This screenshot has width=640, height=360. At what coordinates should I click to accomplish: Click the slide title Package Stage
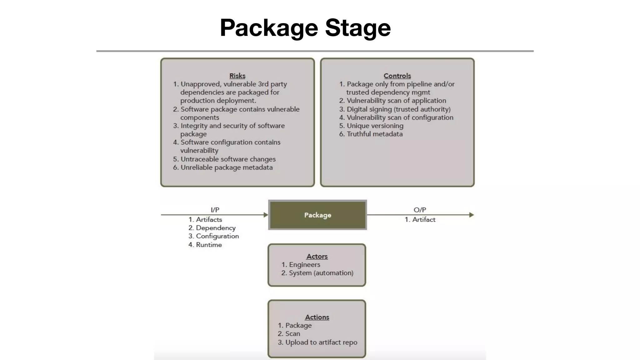(305, 28)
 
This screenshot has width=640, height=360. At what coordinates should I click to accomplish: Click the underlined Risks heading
(237, 76)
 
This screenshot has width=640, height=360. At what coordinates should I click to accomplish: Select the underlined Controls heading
(397, 76)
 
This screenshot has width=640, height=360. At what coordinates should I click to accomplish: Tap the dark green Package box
(317, 215)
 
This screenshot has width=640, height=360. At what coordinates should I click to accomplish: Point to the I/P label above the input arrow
(215, 210)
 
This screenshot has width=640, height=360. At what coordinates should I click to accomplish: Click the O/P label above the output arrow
(420, 210)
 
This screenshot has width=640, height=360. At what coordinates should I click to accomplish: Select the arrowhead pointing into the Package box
(266, 215)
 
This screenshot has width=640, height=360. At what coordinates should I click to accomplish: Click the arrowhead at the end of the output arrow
(472, 215)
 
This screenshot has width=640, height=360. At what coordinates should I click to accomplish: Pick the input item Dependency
(216, 228)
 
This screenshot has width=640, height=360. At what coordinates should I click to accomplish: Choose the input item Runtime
(209, 245)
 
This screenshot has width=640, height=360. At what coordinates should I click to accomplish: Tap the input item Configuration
(217, 236)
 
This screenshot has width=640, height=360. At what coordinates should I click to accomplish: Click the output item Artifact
(423, 220)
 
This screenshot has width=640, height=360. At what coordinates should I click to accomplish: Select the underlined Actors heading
(317, 257)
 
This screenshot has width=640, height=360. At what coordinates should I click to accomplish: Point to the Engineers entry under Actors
(304, 265)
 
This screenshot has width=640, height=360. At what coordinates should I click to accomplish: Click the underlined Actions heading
(317, 317)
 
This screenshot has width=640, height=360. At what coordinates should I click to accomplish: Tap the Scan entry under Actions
(292, 334)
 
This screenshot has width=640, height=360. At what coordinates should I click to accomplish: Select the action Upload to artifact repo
(321, 342)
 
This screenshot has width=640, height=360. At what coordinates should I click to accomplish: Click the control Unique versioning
(375, 126)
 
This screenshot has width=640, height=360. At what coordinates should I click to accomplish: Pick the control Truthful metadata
(375, 134)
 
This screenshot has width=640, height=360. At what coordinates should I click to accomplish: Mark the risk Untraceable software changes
(228, 159)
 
